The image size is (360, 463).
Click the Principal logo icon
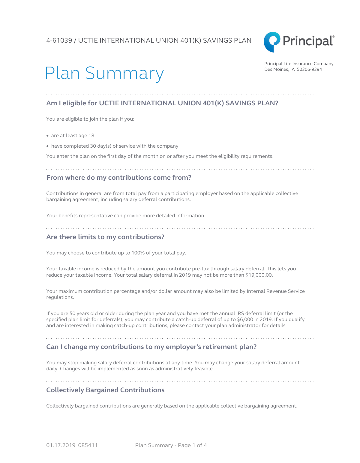point(272,42)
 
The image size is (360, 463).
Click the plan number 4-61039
point(59,41)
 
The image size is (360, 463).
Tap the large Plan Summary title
point(104,73)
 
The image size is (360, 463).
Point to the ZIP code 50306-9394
point(309,69)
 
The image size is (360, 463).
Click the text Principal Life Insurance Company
point(299,64)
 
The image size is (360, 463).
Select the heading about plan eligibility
point(162,103)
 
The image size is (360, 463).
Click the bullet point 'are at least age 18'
point(73,136)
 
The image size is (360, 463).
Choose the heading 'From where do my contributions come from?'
point(118,178)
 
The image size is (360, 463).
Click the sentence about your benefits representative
point(126,216)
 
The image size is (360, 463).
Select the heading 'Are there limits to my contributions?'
point(105,237)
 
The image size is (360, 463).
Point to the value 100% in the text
point(138,253)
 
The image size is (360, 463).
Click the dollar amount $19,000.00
point(259,275)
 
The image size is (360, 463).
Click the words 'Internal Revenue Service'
point(275,291)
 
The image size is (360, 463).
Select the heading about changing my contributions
point(151,347)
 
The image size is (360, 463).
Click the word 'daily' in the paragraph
point(52,369)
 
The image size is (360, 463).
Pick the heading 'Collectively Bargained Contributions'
point(105,390)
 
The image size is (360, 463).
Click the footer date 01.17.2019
point(61,445)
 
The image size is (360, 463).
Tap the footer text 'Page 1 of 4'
point(192,445)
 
